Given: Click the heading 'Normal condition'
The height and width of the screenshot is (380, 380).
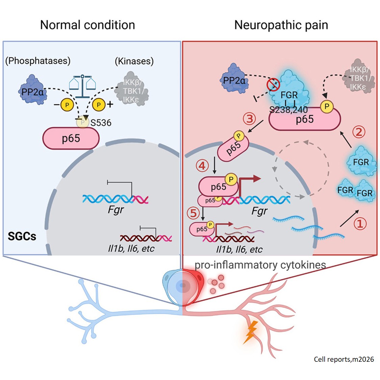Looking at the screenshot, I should [x=87, y=25].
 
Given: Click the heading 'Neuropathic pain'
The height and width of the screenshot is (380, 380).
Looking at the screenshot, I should [x=281, y=25].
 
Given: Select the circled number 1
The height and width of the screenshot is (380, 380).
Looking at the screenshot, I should [x=360, y=223].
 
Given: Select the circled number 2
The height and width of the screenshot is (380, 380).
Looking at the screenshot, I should [x=359, y=132].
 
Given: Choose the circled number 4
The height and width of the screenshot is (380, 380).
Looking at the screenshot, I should [x=202, y=166].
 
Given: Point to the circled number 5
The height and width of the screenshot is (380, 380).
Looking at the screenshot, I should [x=194, y=213].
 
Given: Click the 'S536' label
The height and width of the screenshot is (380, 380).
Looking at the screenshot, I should [x=101, y=123].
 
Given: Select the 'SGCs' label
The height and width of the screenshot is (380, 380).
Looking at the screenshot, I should [x=22, y=236].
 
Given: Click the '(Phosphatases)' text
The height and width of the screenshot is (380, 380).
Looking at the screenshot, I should [x=38, y=61].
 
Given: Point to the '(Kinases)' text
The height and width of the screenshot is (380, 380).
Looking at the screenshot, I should [x=134, y=61].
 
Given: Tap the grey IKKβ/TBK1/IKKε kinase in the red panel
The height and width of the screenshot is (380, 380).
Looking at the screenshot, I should [x=359, y=77].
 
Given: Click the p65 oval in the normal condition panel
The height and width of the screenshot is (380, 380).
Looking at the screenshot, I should [x=71, y=138].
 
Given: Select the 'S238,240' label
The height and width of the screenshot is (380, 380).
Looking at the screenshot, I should [x=288, y=110].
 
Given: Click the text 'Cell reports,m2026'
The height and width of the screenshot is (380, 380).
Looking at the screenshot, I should [x=344, y=359].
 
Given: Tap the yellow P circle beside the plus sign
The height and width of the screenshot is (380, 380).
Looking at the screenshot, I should [x=99, y=105].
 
